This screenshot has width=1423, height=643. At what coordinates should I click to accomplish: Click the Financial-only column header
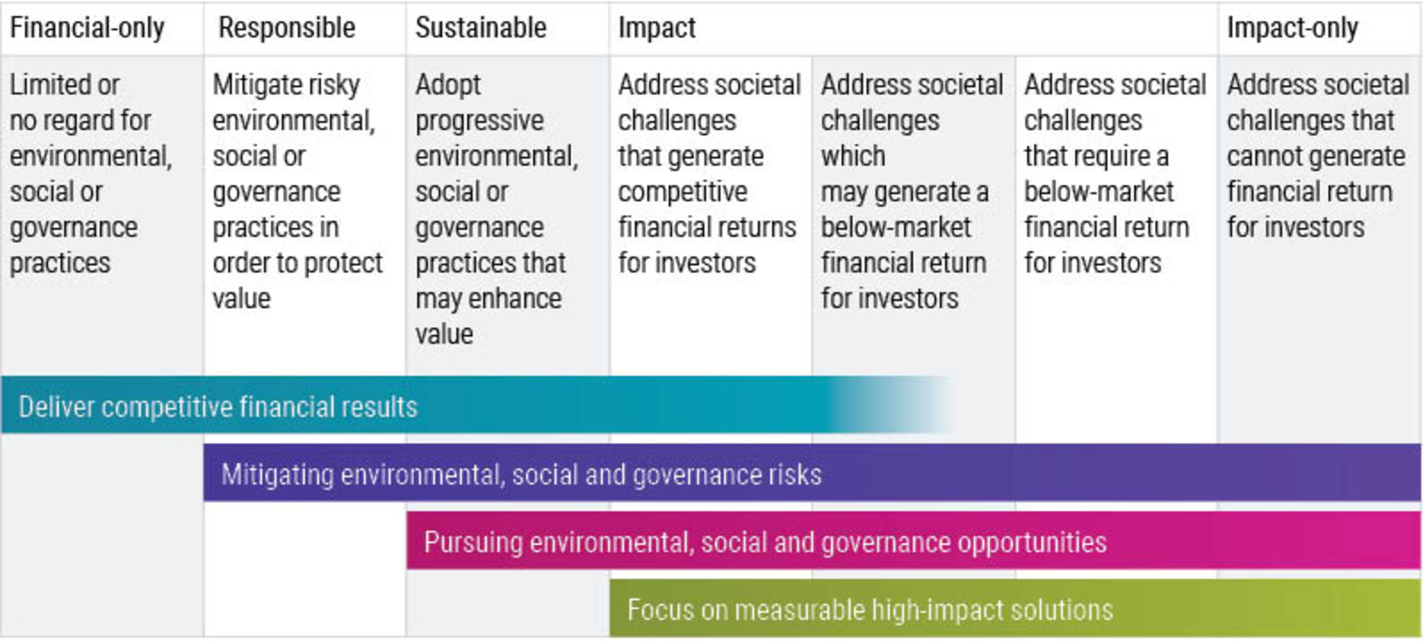87,28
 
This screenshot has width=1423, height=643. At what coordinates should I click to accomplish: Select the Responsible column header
286,28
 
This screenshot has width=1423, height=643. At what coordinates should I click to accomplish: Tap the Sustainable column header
481,28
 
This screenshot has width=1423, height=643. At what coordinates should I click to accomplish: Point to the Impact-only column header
1292,28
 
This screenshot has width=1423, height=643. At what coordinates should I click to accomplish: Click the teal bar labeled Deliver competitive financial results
479,405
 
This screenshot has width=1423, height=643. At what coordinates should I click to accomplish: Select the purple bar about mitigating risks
812,472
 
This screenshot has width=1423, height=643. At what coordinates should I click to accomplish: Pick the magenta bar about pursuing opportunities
914,540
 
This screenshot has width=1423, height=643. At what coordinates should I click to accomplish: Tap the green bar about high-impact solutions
1015,608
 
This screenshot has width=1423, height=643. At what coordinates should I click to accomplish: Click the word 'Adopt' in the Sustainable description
447,85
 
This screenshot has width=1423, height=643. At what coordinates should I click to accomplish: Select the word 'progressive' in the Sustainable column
479,121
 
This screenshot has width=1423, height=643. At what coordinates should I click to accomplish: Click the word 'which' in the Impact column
853,156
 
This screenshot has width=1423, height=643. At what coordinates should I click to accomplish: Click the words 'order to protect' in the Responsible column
297,263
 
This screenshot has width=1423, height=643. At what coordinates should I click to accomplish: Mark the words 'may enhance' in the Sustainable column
488,299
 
